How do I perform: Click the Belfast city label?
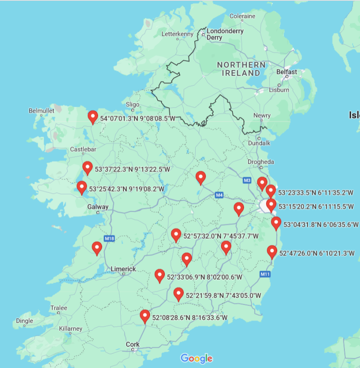pos(287,72)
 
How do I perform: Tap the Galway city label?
pos(98,207)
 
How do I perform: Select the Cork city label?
pos(133,344)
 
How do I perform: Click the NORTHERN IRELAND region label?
pos(241,69)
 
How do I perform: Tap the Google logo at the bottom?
pos(197,358)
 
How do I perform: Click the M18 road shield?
pos(109,238)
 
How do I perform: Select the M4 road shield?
pos(219,195)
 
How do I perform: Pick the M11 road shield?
pos(265,274)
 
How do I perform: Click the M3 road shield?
pos(247,180)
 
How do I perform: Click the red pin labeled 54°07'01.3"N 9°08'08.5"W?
pos(93,117)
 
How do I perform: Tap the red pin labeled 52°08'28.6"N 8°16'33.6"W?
pos(145,316)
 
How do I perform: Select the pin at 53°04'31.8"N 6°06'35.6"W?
pos(276,224)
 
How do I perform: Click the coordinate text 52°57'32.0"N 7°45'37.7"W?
pos(221,236)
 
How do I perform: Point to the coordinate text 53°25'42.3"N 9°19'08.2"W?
pos(127,189)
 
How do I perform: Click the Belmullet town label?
pos(41,111)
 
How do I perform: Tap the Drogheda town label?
pos(261,162)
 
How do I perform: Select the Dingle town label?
pos(24,321)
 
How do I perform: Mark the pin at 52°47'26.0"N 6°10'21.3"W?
pos(272,252)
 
